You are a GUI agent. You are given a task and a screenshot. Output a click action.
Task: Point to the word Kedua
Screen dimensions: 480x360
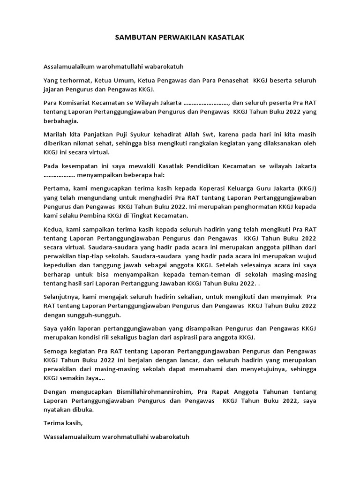point(53,232)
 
